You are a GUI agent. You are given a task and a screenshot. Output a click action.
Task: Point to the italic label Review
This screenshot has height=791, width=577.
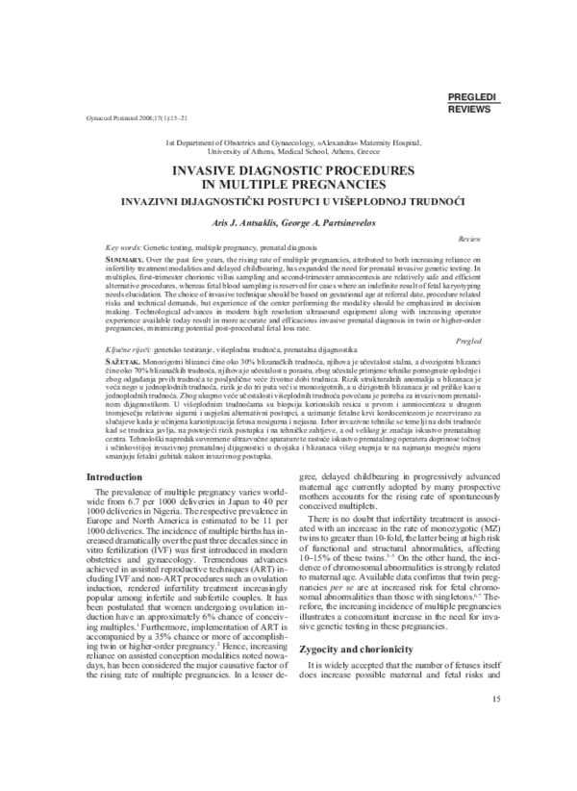click(x=470, y=237)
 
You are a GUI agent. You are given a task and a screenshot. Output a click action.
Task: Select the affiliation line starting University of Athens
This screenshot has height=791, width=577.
click(x=288, y=151)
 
